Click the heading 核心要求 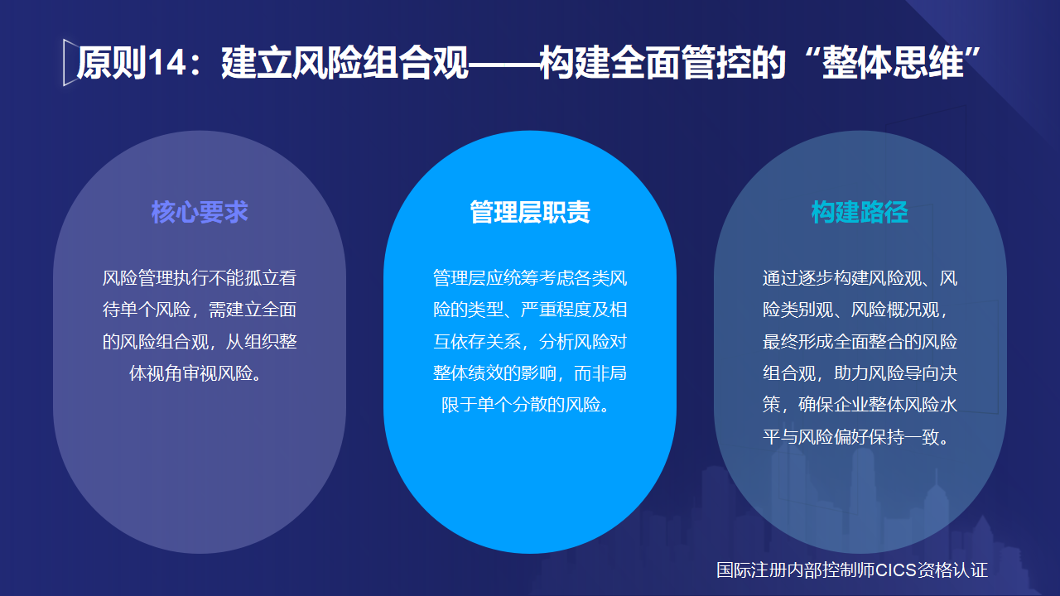coord(200,212)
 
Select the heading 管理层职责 coord(530,212)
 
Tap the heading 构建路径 coord(860,212)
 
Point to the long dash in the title coord(503,64)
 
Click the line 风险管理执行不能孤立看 coord(200,278)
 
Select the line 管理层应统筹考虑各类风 coord(530,278)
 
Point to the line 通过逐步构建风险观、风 coord(860,278)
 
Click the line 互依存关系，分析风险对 coord(530,341)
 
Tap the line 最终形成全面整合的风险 coord(860,341)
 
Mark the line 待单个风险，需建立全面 coord(200,310)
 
